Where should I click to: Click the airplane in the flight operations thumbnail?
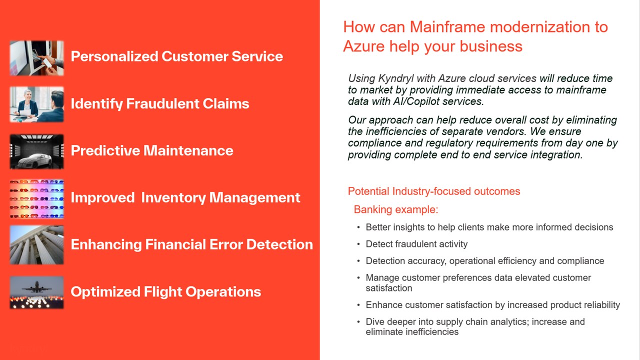pos(36,287)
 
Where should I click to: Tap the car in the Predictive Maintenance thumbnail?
pos(35,160)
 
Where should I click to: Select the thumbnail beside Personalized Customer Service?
pos(37,58)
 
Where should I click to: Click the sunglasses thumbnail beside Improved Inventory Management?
pos(37,199)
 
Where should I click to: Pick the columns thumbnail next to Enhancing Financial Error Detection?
pos(37,245)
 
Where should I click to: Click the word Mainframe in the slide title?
pos(447,27)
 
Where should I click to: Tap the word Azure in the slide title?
pos(363,46)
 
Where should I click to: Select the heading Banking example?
pos(395,209)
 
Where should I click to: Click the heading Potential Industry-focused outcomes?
pos(434,191)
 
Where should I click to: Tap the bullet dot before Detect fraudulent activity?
pos(358,244)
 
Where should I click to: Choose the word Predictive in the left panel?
pos(105,150)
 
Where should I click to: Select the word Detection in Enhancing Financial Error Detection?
pos(279,244)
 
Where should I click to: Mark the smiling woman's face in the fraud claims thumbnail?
pos(27,95)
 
